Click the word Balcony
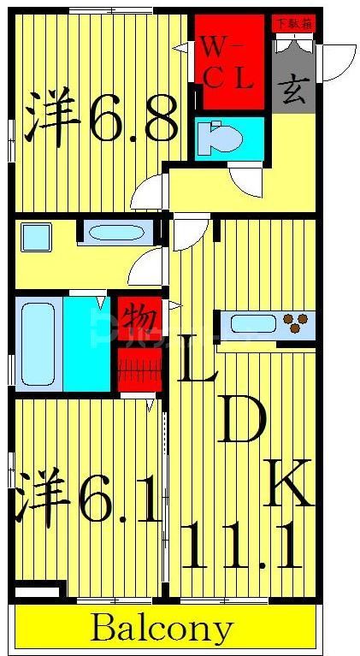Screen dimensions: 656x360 tap(162, 629)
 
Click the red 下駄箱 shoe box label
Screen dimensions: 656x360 tap(292, 23)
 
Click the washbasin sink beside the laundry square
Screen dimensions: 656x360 tap(118, 233)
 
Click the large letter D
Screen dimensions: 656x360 tap(241, 419)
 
